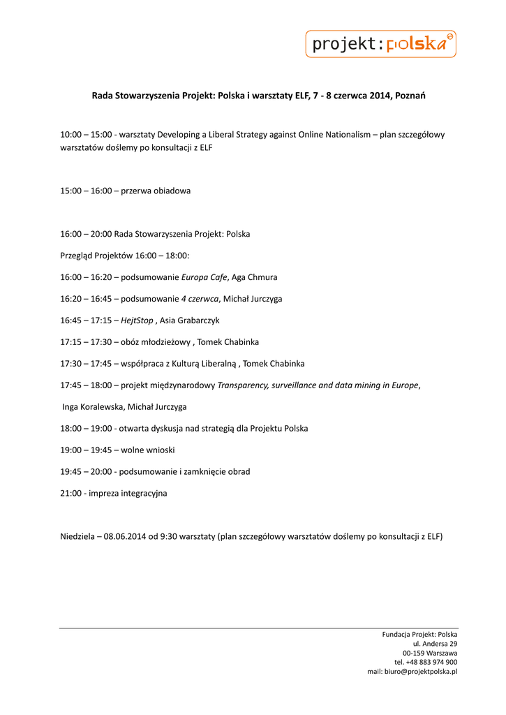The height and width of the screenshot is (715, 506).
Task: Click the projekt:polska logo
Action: pyautogui.click(x=380, y=44)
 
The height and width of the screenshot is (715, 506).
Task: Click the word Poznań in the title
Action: pyautogui.click(x=410, y=96)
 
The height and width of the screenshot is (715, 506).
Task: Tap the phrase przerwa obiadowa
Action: pyautogui.click(x=156, y=191)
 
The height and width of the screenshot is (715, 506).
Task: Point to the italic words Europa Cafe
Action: pyautogui.click(x=204, y=277)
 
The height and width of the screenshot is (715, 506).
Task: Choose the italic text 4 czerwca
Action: pyautogui.click(x=200, y=299)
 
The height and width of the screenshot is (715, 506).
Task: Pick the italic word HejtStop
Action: pyautogui.click(x=137, y=320)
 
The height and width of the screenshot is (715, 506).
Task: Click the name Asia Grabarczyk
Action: pyautogui.click(x=190, y=320)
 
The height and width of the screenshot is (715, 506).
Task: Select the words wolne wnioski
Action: pyautogui.click(x=148, y=450)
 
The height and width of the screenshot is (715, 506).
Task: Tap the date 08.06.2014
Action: pyautogui.click(x=126, y=537)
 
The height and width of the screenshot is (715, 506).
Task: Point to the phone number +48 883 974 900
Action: pyautogui.click(x=431, y=662)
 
